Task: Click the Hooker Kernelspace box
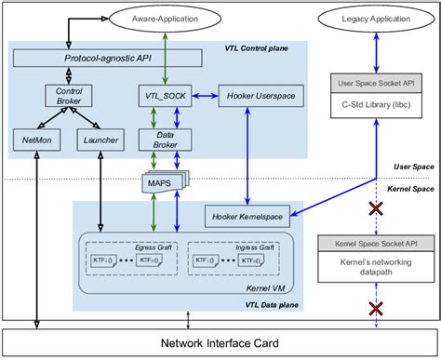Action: coord(246,218)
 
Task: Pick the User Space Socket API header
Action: coord(370,84)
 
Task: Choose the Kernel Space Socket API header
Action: coord(370,243)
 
